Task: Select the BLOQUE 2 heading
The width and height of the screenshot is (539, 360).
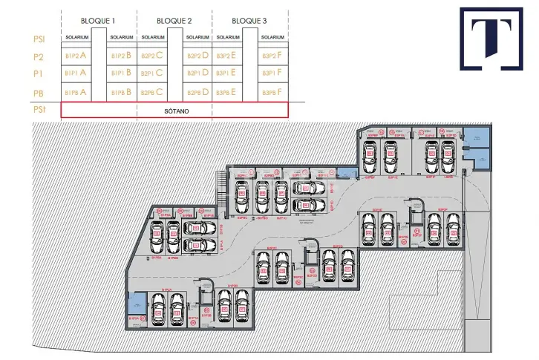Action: click(x=174, y=20)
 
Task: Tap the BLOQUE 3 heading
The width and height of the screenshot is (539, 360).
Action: click(x=249, y=20)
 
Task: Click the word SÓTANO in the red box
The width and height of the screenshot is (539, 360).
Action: click(x=174, y=110)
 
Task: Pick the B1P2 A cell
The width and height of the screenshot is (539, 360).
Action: click(x=76, y=55)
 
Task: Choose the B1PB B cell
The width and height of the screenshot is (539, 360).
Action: click(x=121, y=92)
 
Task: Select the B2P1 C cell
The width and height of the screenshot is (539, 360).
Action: click(x=153, y=73)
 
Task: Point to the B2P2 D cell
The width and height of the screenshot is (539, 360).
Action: click(x=197, y=55)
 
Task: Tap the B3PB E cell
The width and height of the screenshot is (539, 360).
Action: click(x=226, y=92)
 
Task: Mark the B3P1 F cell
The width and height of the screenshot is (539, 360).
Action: click(x=272, y=73)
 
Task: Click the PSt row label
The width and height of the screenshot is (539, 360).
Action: click(x=39, y=110)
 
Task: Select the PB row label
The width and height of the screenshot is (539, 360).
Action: click(x=39, y=92)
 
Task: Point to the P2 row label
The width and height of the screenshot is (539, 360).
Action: click(x=39, y=56)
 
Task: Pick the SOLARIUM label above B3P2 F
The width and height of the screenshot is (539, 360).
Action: click(x=272, y=37)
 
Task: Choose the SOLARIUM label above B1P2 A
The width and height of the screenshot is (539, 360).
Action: click(x=76, y=37)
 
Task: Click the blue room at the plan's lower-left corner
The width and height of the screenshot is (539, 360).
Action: click(x=137, y=306)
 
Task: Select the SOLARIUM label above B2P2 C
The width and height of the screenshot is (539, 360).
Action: click(x=153, y=37)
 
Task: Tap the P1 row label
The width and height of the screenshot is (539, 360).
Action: click(x=39, y=73)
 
